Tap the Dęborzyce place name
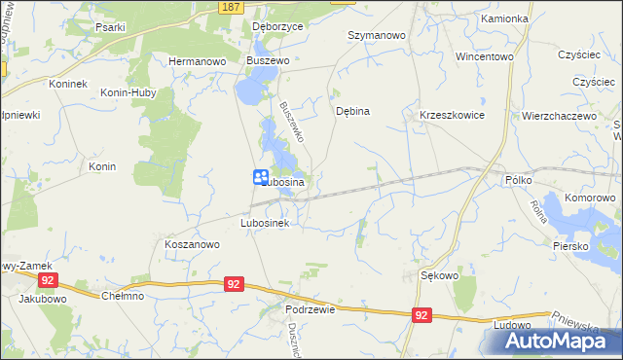pyautogui.click(x=277, y=27)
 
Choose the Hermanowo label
pyautogui.click(x=198, y=60)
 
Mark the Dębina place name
pyautogui.click(x=352, y=111)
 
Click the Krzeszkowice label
pyautogui.click(x=452, y=115)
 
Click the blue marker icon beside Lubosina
pyautogui.click(x=262, y=177)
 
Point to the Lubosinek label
pyautogui.click(x=266, y=223)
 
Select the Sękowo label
pyautogui.click(x=439, y=275)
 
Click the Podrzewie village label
pyautogui.click(x=311, y=308)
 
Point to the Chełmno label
pyautogui.click(x=123, y=296)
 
